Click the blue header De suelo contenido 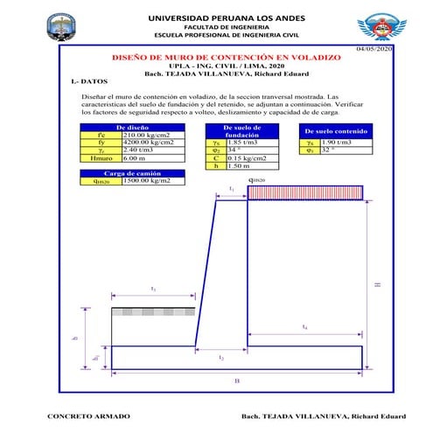click(336, 131)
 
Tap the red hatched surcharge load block click(304, 192)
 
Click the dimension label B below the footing click(237, 381)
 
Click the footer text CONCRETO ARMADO click(88, 416)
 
